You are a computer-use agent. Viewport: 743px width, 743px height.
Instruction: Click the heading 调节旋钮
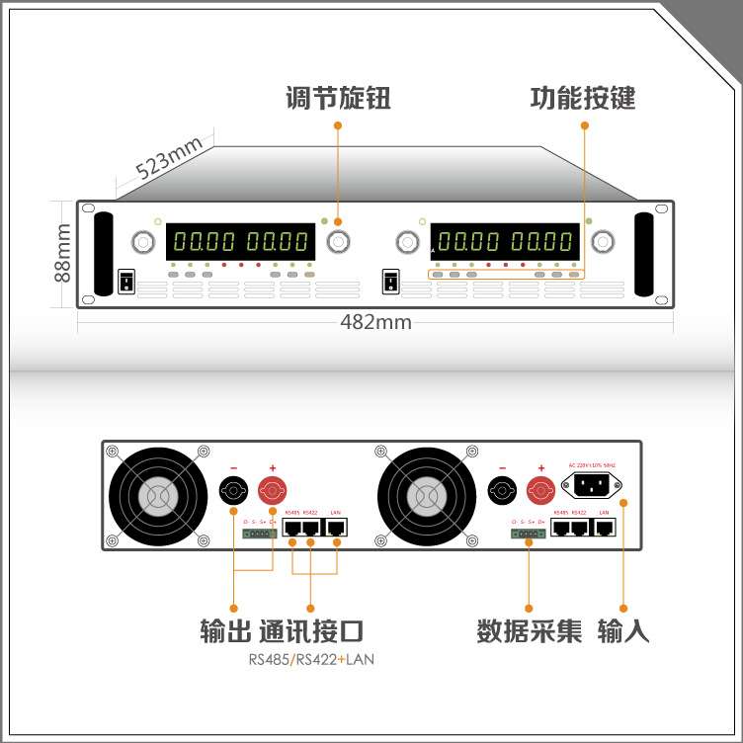click(338, 99)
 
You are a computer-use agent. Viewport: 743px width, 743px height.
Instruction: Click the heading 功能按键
click(583, 99)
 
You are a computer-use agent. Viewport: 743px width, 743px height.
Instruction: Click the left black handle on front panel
click(104, 253)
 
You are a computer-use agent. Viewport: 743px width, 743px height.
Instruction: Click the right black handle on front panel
click(643, 253)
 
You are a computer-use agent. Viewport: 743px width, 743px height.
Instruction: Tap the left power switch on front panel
click(125, 282)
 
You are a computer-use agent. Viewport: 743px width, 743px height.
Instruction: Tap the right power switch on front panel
click(389, 282)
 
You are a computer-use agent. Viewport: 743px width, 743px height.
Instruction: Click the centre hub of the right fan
click(424, 495)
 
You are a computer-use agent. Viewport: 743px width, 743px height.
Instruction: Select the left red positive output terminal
click(272, 489)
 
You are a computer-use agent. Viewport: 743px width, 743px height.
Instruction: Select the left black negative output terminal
click(233, 489)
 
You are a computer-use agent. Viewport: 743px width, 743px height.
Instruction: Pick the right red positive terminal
click(539, 489)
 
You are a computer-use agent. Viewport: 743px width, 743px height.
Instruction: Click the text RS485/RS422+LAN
click(311, 659)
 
